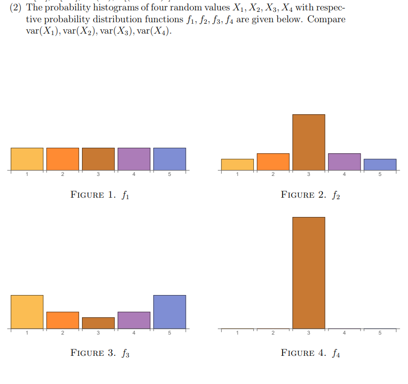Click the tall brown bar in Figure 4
pyautogui.click(x=309, y=273)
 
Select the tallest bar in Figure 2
pyautogui.click(x=309, y=142)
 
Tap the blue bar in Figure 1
pyautogui.click(x=169, y=159)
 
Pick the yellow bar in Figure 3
pyautogui.click(x=27, y=312)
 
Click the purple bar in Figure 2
pyautogui.click(x=344, y=162)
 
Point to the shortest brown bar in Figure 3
pyautogui.click(x=98, y=323)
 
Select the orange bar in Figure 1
pyautogui.click(x=63, y=159)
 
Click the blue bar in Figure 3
pyautogui.click(x=169, y=312)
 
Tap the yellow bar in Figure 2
pyautogui.click(x=238, y=165)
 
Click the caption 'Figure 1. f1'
pyautogui.click(x=100, y=195)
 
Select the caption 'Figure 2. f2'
pyautogui.click(x=311, y=195)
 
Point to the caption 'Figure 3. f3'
pyautogui.click(x=100, y=353)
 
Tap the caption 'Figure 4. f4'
pyautogui.click(x=311, y=353)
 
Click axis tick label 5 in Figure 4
pyautogui.click(x=380, y=333)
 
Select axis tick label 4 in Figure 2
pyautogui.click(x=344, y=174)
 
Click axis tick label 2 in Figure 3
pyautogui.click(x=63, y=333)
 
